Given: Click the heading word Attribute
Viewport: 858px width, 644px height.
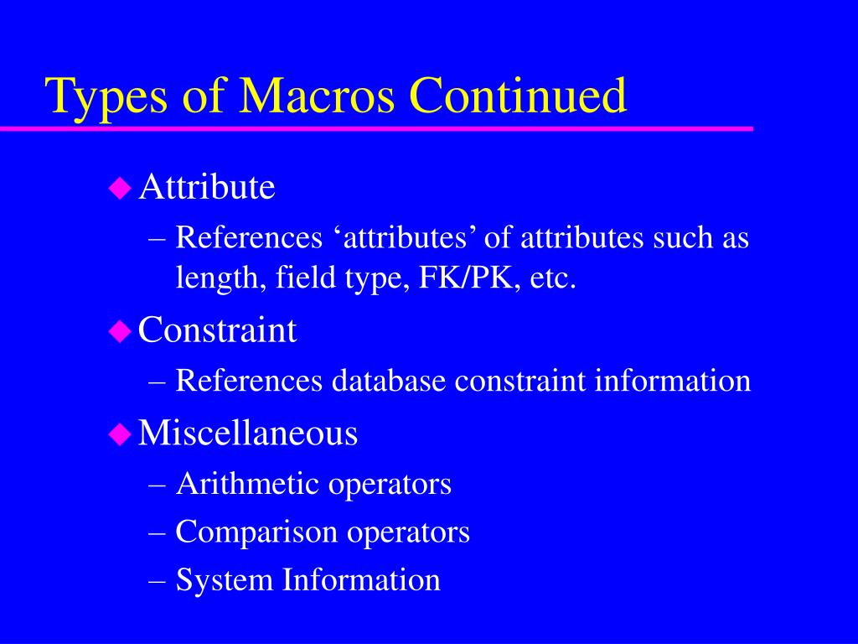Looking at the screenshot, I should [x=207, y=188].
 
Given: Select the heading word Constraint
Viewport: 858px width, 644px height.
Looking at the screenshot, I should [x=217, y=330].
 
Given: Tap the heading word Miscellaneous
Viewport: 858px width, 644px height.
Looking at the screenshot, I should [x=248, y=434].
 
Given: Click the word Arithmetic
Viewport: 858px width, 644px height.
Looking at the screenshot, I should [x=248, y=484].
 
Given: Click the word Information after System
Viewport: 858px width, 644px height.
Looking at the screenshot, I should [x=361, y=580].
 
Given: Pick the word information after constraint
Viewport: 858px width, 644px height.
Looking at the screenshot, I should [x=673, y=381].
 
